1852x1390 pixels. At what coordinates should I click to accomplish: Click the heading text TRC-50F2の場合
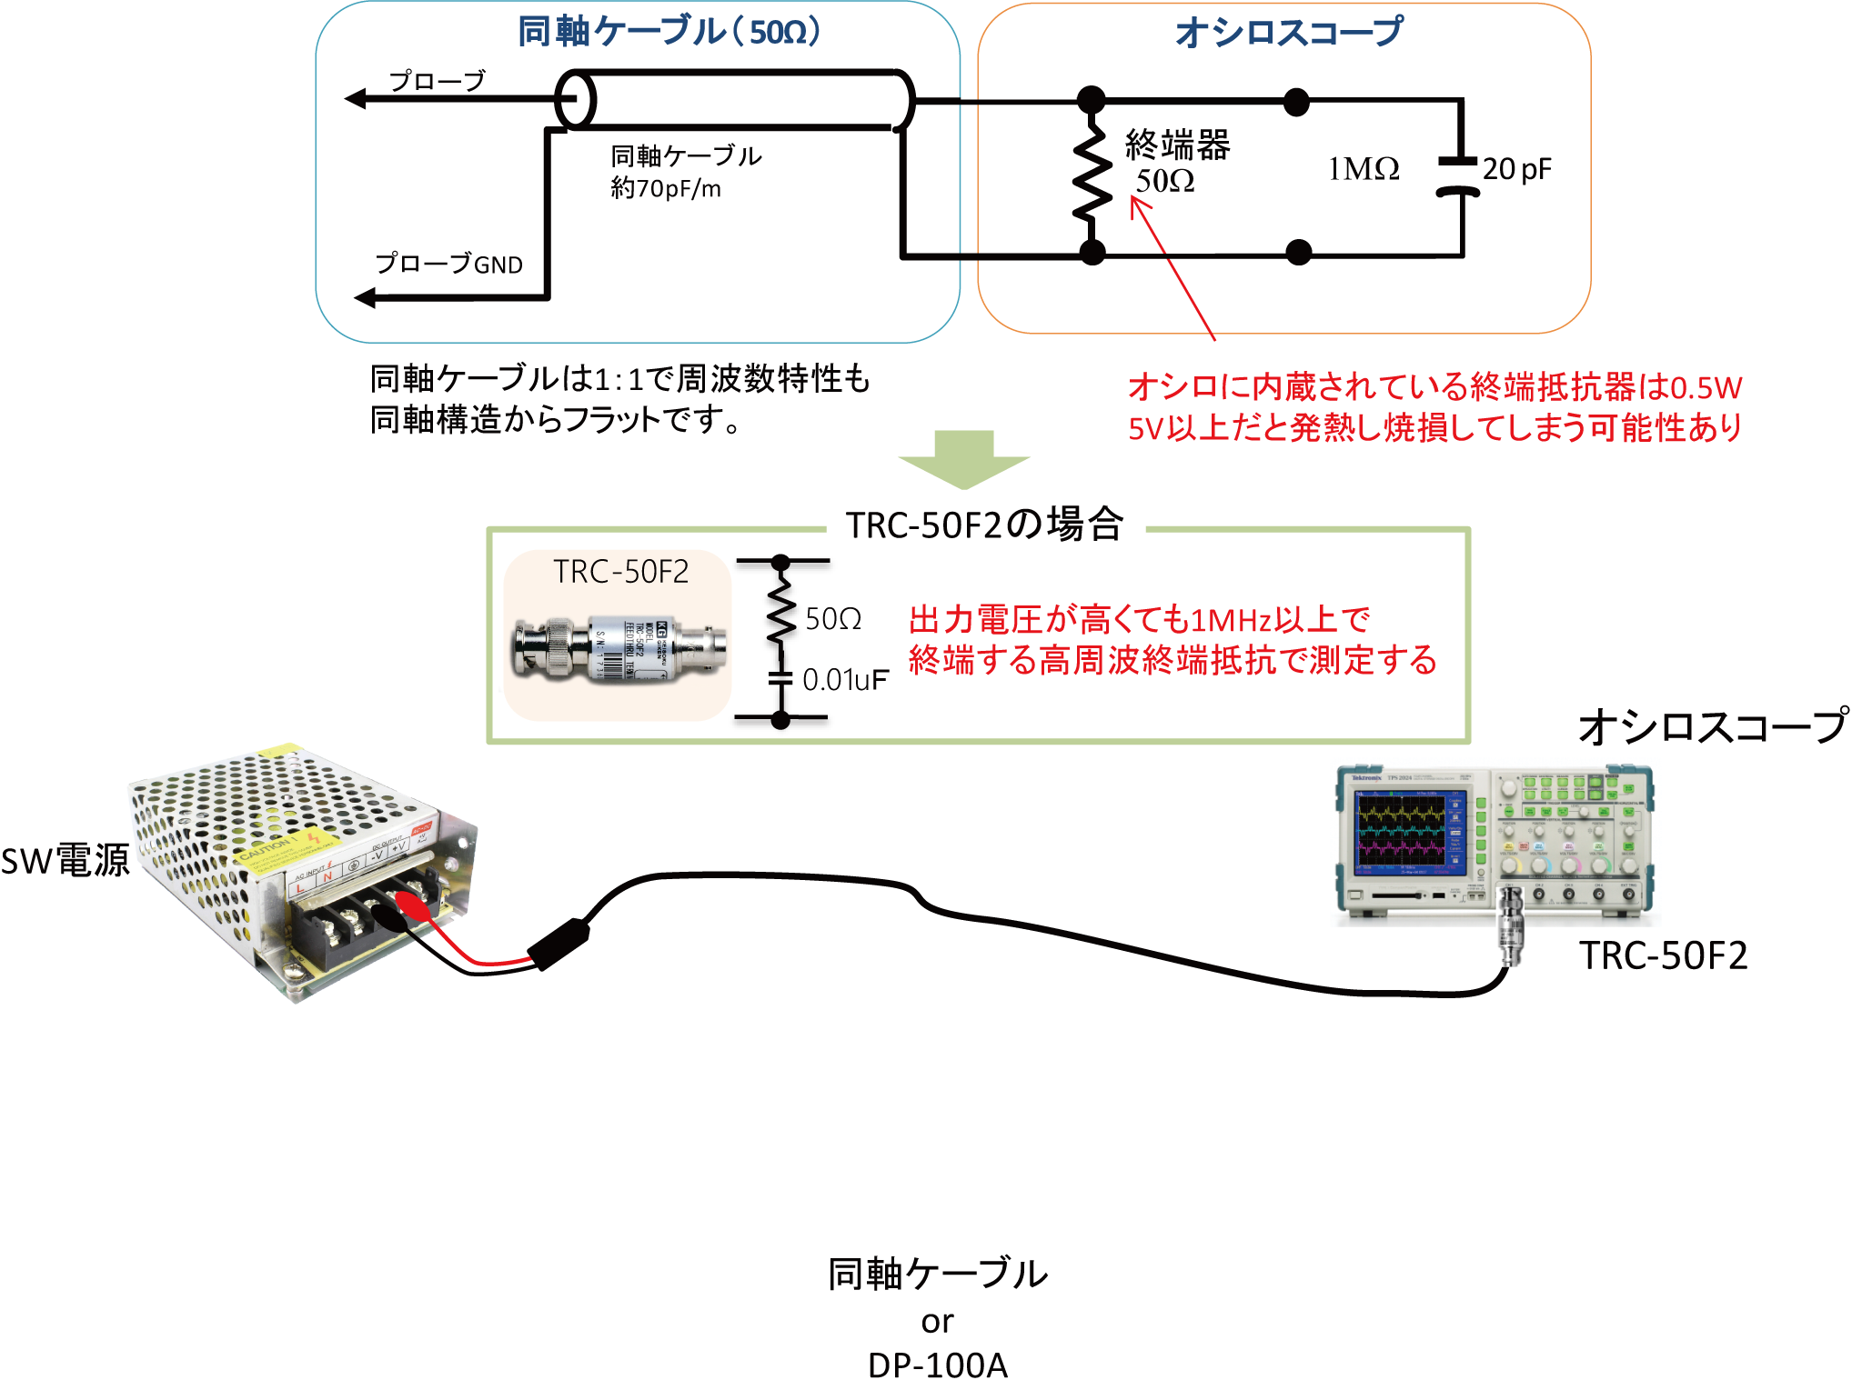pyautogui.click(x=984, y=525)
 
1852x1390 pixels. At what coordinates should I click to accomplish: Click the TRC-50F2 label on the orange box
pyautogui.click(x=620, y=572)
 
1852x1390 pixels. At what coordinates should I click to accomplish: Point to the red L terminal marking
pyautogui.click(x=300, y=888)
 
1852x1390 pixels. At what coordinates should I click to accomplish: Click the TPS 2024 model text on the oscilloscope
pyautogui.click(x=1399, y=778)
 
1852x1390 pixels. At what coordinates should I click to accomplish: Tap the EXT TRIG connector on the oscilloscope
pyautogui.click(x=1628, y=895)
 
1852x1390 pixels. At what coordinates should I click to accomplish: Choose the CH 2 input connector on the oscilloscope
pyautogui.click(x=1539, y=895)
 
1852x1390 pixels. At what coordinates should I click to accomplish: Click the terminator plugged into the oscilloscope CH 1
pyautogui.click(x=1511, y=927)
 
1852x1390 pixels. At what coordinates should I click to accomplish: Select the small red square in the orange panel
pyautogui.click(x=1162, y=224)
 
